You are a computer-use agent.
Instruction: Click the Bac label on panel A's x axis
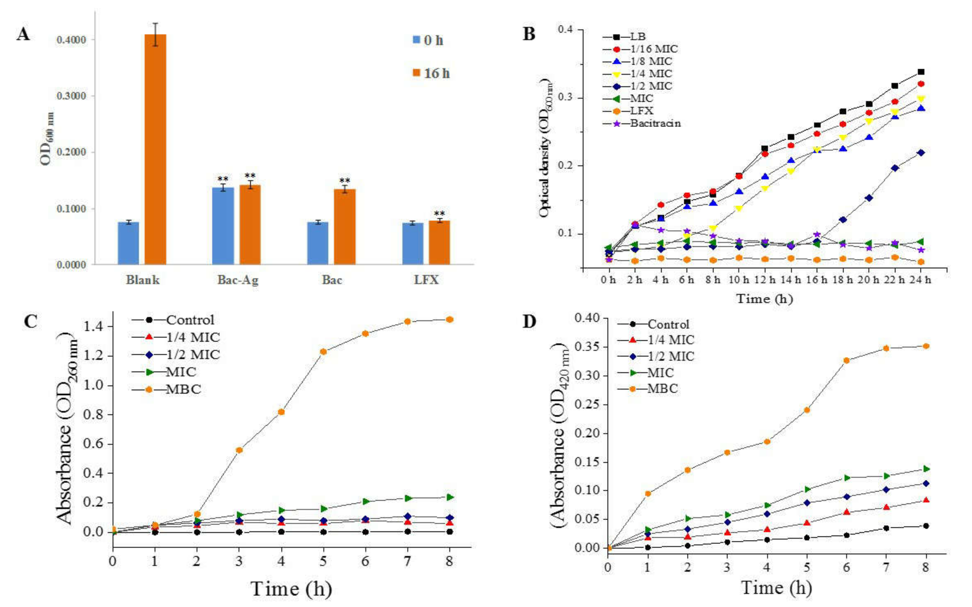point(332,280)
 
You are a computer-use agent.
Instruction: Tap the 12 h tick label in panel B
point(764,280)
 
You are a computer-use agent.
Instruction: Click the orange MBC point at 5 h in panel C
point(323,352)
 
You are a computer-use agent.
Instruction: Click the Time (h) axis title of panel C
point(291,588)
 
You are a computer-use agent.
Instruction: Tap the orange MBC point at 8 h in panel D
point(926,346)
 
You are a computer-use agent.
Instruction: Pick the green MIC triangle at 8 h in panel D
point(926,469)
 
